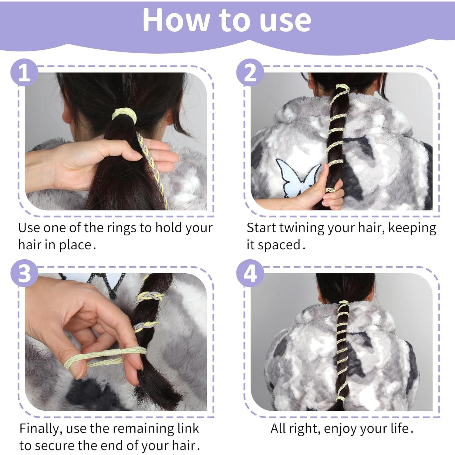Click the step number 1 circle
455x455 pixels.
(x=25, y=72)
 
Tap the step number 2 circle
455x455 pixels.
(x=250, y=72)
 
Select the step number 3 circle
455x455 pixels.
(x=25, y=273)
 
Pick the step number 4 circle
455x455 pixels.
(x=250, y=273)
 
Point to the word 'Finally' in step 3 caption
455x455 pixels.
(x=40, y=429)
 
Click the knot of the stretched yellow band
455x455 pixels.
(x=112, y=353)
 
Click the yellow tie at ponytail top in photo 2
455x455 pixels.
(x=342, y=88)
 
